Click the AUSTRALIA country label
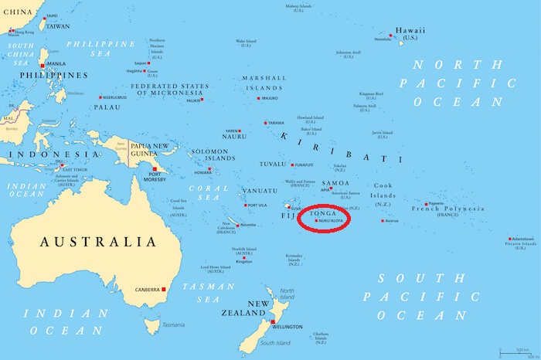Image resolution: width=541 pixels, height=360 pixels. tap(98, 242)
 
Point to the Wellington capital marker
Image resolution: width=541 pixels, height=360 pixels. tap(273, 321)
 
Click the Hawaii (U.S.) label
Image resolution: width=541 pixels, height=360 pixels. tap(410, 32)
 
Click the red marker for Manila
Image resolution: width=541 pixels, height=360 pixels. tap(43, 65)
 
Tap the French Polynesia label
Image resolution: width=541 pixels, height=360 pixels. tap(447, 209)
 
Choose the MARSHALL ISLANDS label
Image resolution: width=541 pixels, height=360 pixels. tap(264, 83)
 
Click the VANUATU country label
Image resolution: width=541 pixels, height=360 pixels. tap(260, 190)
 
